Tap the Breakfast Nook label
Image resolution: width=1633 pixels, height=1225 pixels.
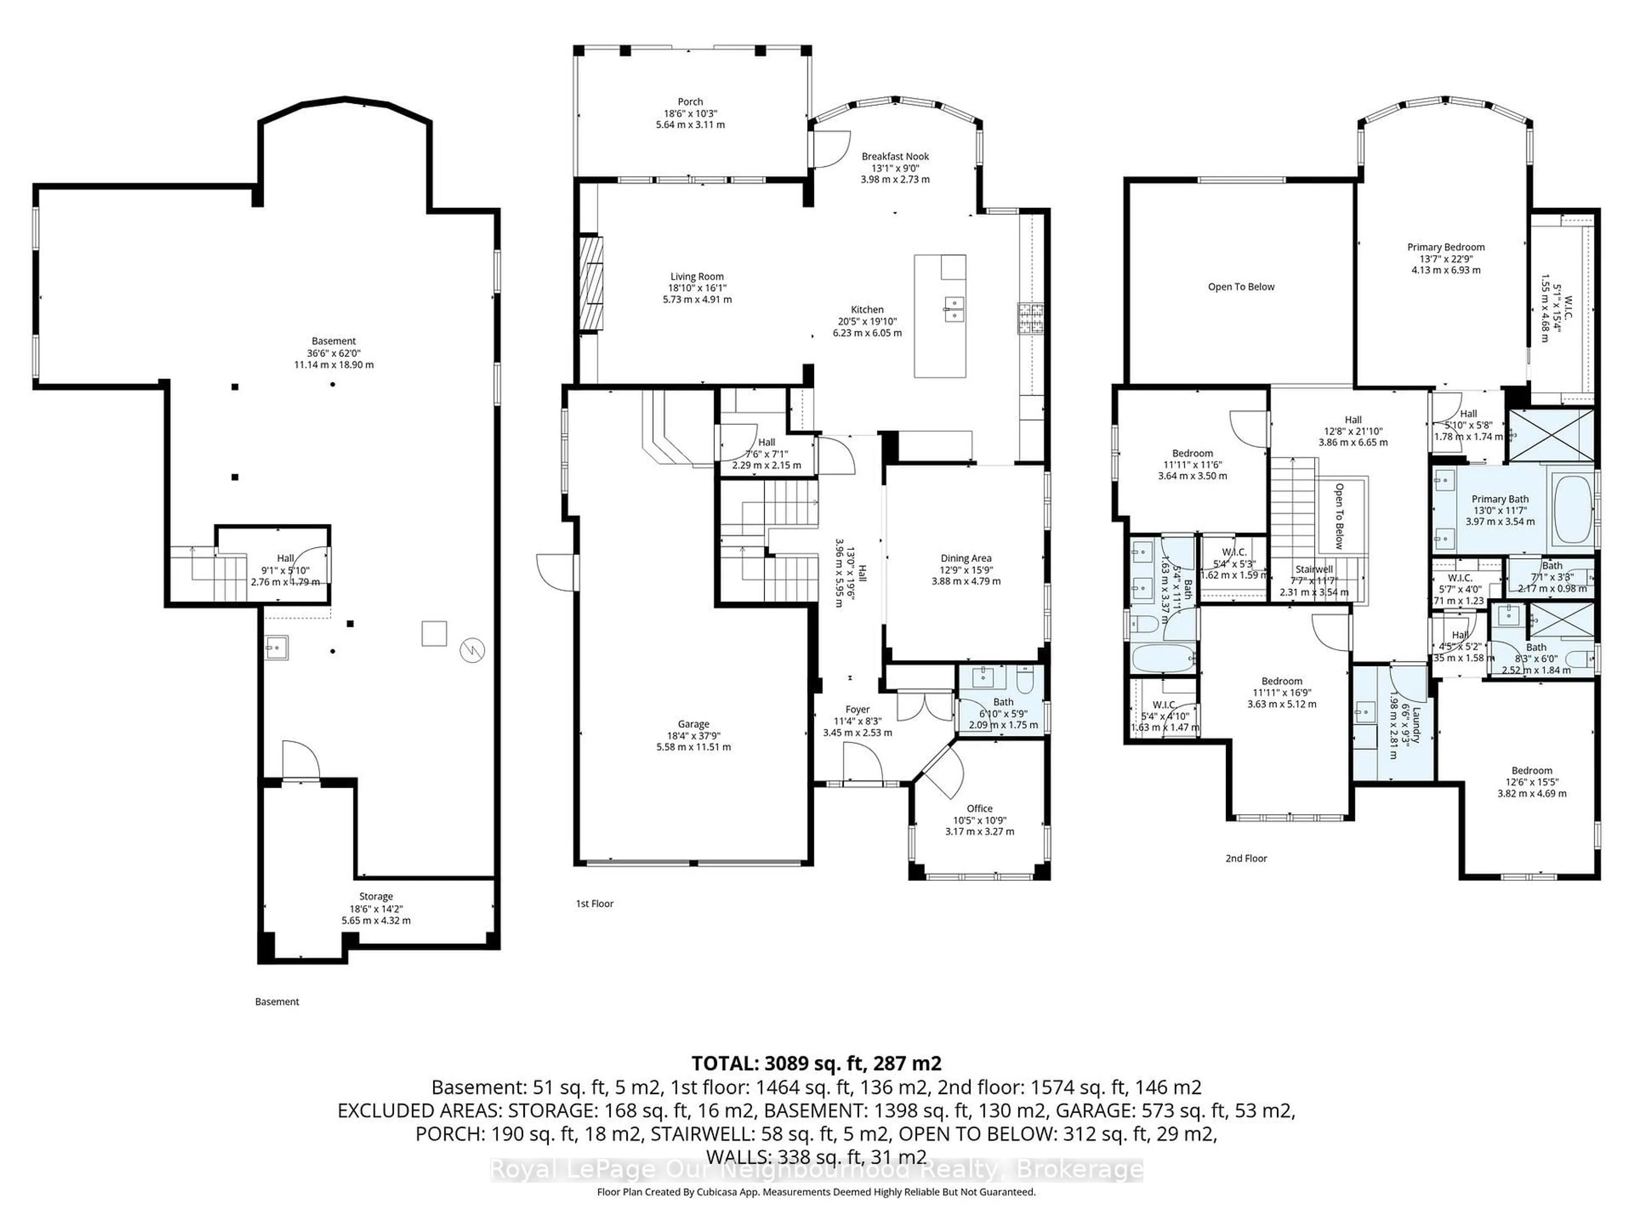(x=895, y=157)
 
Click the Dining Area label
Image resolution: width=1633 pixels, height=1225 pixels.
(x=966, y=558)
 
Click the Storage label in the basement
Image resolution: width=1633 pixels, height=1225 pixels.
(x=376, y=896)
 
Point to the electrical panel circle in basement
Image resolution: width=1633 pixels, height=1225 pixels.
(x=471, y=650)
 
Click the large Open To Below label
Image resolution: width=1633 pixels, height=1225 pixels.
(x=1241, y=287)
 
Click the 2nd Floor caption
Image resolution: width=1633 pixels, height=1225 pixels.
(x=1246, y=858)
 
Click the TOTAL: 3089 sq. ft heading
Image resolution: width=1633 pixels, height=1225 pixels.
(x=816, y=1063)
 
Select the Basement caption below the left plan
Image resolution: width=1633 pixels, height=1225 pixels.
(x=277, y=1001)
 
